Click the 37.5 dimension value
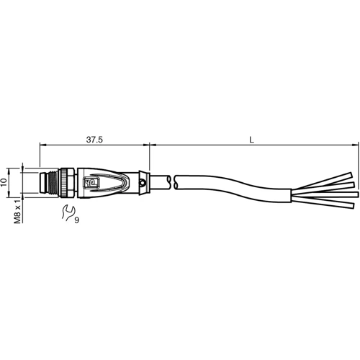pyautogui.click(x=95, y=140)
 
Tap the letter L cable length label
pyautogui.click(x=251, y=140)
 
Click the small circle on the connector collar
pyautogui.click(x=144, y=184)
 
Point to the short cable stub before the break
pyautogui.click(x=160, y=181)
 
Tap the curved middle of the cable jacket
pyautogui.click(x=230, y=184)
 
